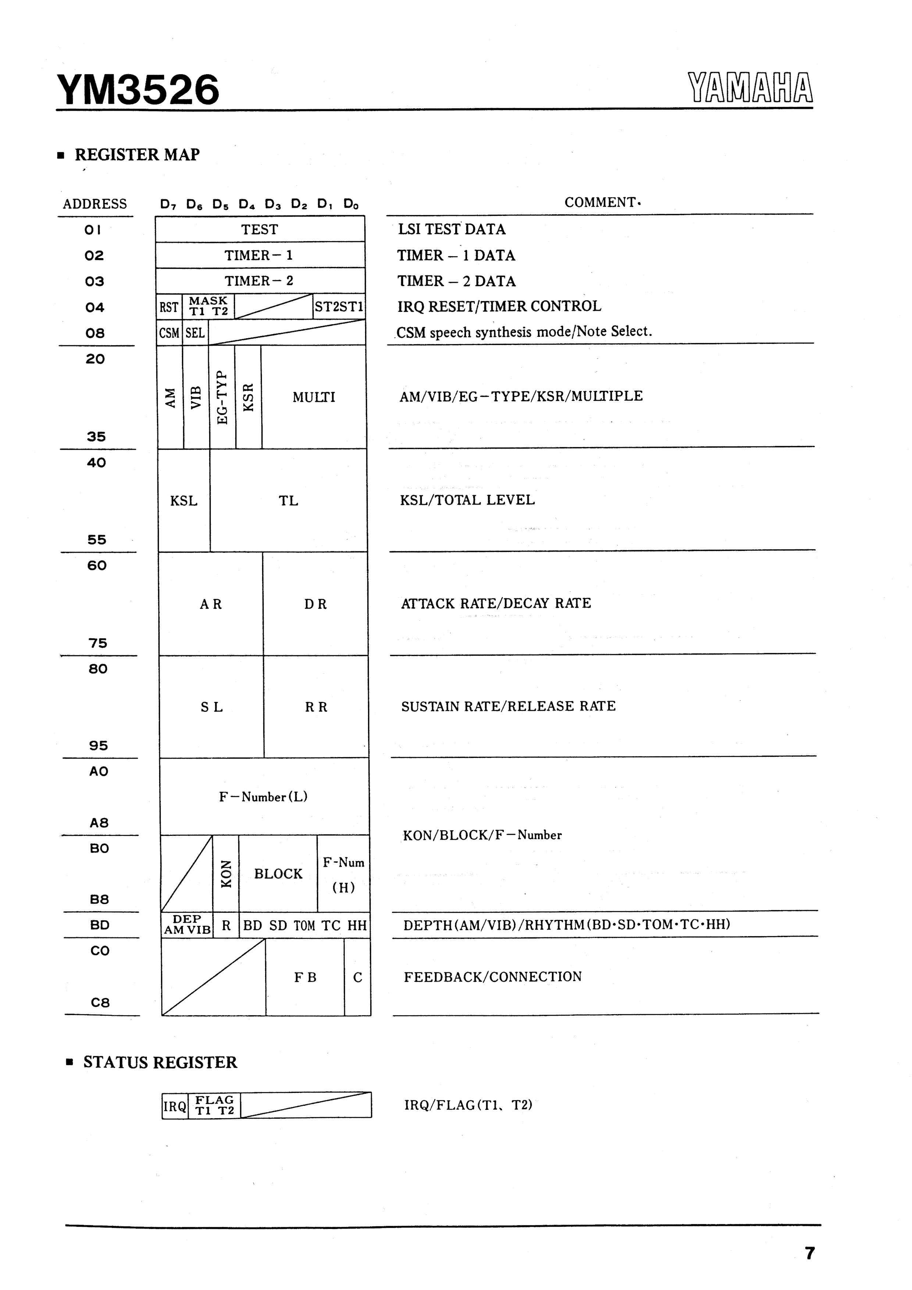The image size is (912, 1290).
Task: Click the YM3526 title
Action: (x=138, y=90)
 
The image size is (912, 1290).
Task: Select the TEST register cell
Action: (x=260, y=229)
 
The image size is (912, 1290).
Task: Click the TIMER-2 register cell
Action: (x=260, y=281)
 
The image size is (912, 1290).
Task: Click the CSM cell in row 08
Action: (x=168, y=333)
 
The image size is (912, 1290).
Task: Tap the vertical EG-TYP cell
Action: (x=222, y=397)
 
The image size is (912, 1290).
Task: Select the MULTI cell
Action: (x=314, y=397)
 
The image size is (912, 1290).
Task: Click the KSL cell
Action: (x=184, y=500)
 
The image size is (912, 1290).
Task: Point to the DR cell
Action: (x=315, y=604)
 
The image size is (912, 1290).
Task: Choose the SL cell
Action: (x=211, y=707)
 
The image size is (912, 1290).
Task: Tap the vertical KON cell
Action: (x=226, y=874)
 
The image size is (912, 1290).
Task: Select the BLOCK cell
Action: (x=278, y=874)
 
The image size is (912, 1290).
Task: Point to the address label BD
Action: (x=99, y=925)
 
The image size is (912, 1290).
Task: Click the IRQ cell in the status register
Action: (x=175, y=1106)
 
